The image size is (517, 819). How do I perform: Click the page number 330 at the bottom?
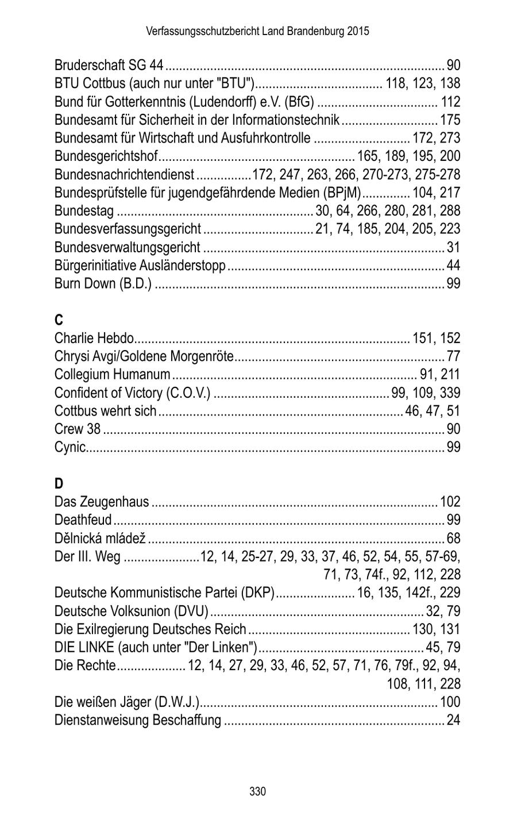[x=258, y=791]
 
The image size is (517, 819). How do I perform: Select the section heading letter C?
[x=58, y=320]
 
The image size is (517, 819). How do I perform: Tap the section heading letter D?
[x=58, y=483]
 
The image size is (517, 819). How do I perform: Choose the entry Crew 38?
[x=77, y=429]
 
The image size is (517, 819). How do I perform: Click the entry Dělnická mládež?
[x=100, y=539]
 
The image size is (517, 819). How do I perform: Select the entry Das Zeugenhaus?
[x=102, y=502]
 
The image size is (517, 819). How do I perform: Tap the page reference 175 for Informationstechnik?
[x=450, y=120]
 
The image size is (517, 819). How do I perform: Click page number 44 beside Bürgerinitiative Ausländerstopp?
[x=453, y=266]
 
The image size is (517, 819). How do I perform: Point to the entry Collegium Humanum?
[x=112, y=375]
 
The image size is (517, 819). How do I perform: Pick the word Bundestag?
[x=84, y=211]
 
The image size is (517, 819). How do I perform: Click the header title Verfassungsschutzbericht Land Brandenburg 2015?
[x=258, y=31]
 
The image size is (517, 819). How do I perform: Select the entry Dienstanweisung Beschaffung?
[x=137, y=720]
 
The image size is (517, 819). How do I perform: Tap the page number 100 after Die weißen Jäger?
[x=450, y=702]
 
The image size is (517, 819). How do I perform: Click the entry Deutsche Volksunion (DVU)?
[x=131, y=610]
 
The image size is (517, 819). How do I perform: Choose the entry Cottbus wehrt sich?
[x=105, y=411]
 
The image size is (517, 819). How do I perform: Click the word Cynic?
[x=70, y=447]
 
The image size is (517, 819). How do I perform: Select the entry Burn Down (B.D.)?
[x=103, y=284]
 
